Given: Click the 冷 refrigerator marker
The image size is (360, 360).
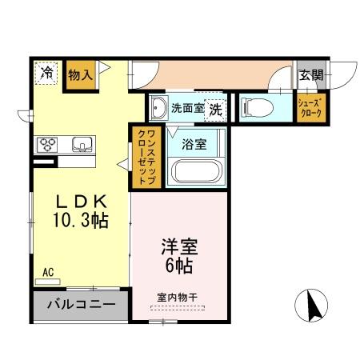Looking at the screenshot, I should [x=47, y=73].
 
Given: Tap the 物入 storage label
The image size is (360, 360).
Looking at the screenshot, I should [x=81, y=75].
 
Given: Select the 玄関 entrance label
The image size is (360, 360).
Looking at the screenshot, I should [x=311, y=75].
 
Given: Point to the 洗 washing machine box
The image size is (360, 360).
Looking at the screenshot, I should [x=214, y=109].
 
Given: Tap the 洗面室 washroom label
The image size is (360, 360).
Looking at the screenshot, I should [x=186, y=107].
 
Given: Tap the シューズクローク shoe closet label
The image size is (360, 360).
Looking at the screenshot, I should [x=310, y=108].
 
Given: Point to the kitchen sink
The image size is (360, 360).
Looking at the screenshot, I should [x=81, y=145].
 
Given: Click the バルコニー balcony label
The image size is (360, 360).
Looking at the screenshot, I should [x=80, y=305].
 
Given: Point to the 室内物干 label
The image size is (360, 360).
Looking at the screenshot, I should [x=177, y=297].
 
